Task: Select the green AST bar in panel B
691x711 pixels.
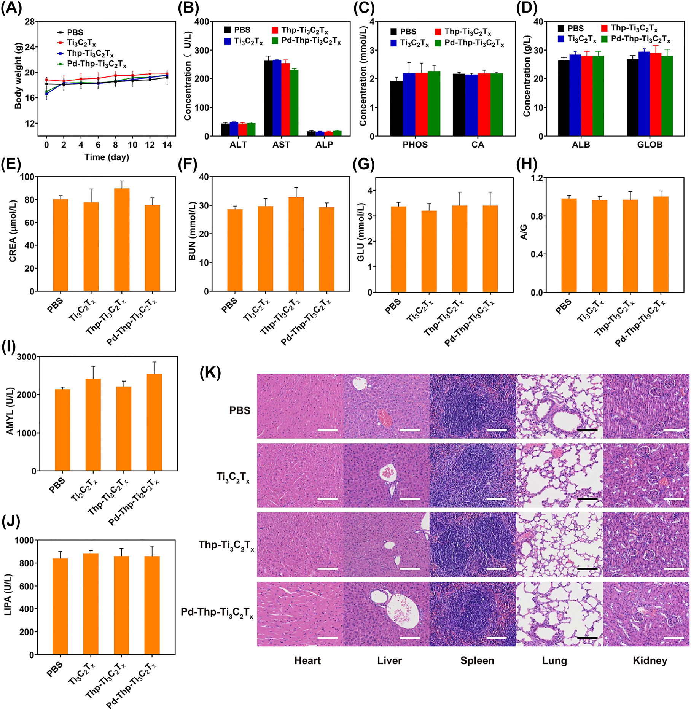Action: [294, 103]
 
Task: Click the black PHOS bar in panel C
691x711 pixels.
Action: [396, 108]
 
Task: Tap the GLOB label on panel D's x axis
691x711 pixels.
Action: [650, 145]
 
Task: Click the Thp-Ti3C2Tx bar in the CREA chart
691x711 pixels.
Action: [122, 240]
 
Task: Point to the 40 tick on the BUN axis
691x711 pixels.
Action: [204, 177]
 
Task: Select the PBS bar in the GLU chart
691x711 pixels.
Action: [398, 249]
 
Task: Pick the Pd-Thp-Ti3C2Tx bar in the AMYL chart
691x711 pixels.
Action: [154, 422]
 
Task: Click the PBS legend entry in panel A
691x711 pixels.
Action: [75, 33]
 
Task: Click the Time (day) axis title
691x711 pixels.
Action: [107, 157]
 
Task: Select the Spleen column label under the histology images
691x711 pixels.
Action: [477, 661]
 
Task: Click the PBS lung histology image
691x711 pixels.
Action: [559, 406]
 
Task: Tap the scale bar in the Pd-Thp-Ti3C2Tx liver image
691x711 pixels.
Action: [410, 638]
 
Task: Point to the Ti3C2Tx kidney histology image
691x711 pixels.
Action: [646, 476]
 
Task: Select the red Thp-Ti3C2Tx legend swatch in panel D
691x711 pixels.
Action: [604, 28]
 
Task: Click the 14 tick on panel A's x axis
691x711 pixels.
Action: [167, 145]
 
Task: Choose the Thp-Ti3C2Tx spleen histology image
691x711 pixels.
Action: [473, 545]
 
